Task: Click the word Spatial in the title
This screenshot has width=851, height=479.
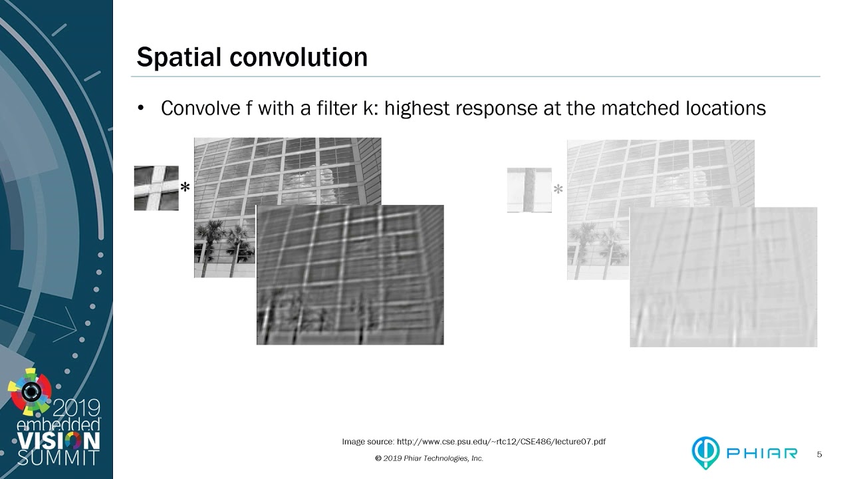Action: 179,58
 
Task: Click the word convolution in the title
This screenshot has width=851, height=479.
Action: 299,57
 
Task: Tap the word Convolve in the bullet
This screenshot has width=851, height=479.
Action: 201,108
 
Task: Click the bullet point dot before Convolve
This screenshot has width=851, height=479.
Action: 141,108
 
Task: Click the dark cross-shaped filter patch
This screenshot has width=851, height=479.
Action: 156,188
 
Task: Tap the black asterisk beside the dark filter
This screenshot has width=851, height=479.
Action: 185,187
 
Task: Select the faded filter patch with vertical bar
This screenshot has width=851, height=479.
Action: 529,190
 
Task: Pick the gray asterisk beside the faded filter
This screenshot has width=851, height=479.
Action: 558,189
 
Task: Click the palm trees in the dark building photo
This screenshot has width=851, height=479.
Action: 224,245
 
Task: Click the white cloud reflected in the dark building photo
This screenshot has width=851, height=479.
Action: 308,186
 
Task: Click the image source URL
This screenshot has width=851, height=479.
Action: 501,442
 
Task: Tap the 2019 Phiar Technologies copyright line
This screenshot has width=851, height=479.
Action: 429,458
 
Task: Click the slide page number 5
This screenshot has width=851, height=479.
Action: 819,454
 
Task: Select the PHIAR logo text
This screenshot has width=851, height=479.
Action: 762,453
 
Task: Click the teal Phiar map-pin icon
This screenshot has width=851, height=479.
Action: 705,452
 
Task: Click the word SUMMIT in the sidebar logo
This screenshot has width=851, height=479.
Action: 58,458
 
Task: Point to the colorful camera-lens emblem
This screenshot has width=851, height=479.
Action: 31,392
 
